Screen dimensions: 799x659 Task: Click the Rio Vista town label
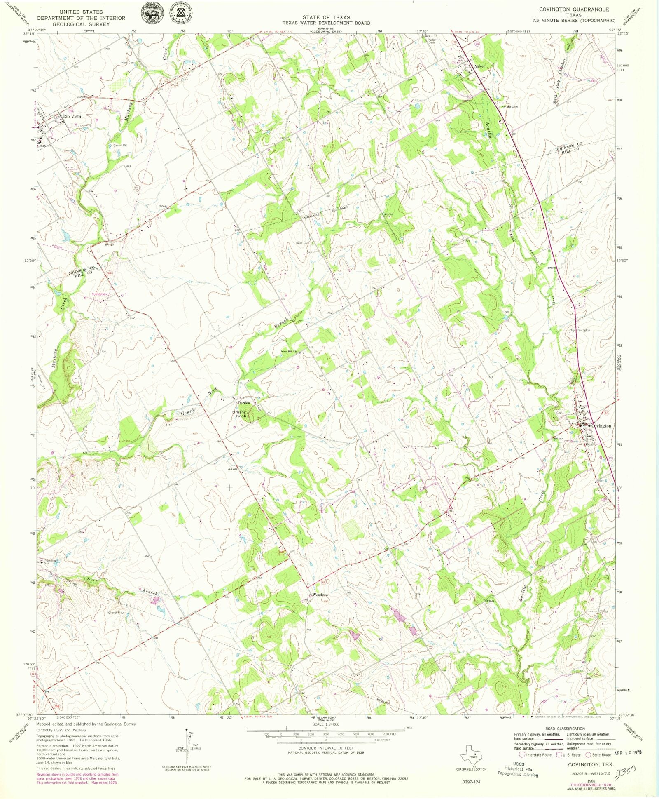(x=72, y=117)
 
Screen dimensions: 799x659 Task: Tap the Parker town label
(x=479, y=66)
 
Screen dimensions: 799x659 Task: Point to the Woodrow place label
(x=320, y=595)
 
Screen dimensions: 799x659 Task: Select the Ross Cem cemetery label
(x=303, y=243)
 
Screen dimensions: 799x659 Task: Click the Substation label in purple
(x=99, y=294)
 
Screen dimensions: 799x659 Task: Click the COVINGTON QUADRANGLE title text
(x=574, y=9)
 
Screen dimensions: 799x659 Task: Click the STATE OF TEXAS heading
(x=326, y=17)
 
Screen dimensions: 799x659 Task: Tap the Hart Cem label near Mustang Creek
(x=128, y=63)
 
